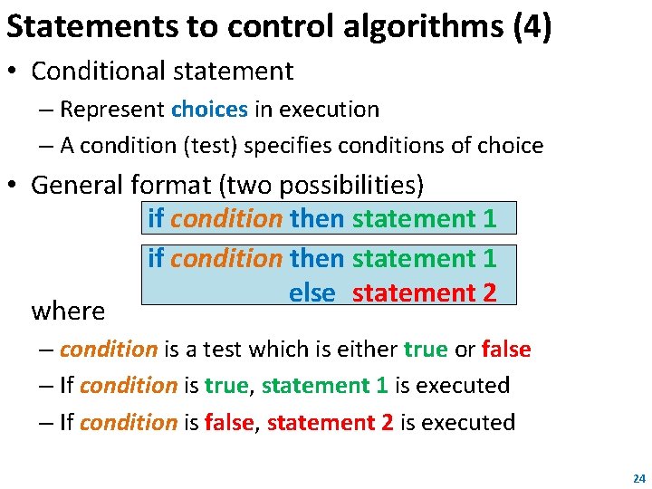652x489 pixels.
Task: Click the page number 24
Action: [638, 477]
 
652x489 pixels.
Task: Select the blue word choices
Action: [209, 110]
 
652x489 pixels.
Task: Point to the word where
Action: [68, 312]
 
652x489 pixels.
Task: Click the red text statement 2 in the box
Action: [425, 293]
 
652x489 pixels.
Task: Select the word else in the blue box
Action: [312, 293]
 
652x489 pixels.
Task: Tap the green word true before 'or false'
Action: [426, 349]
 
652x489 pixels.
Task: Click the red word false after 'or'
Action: [506, 349]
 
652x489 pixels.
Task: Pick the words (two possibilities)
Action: [321, 185]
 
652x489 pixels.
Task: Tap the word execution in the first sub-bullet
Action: [329, 110]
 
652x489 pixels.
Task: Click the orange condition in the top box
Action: [226, 218]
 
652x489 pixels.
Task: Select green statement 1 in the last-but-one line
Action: [325, 386]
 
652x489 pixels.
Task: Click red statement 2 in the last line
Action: [330, 423]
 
